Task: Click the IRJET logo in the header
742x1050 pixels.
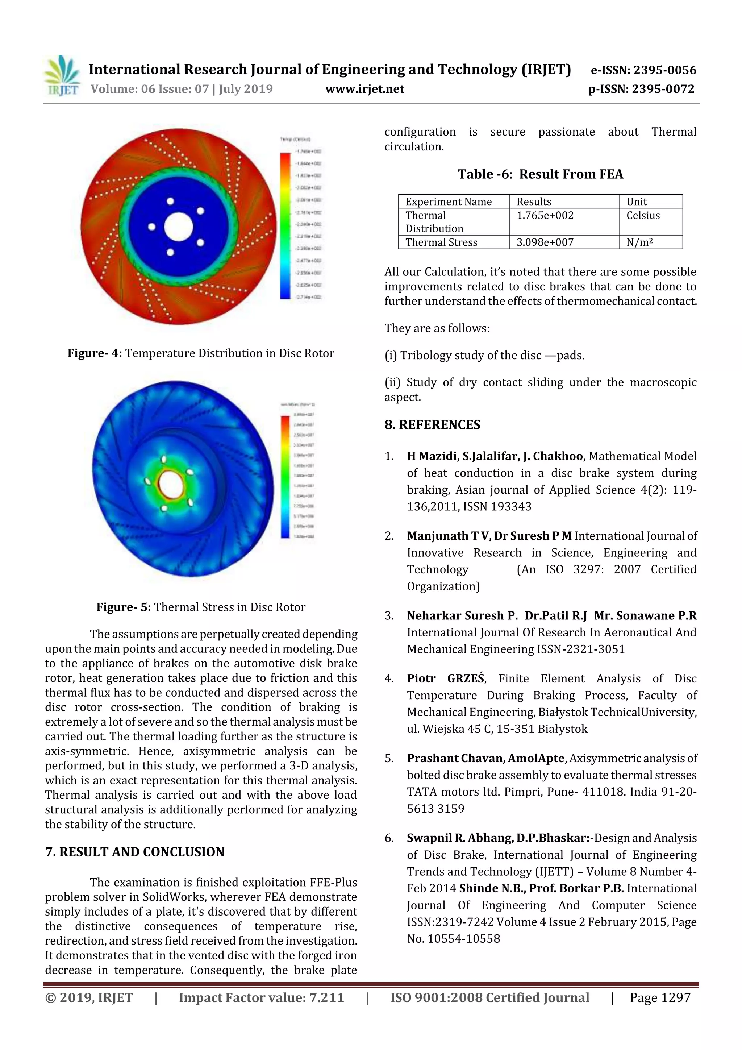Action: (62, 76)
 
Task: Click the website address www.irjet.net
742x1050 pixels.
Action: (364, 89)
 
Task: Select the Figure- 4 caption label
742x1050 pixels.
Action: (95, 353)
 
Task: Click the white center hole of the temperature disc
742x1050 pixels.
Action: (178, 227)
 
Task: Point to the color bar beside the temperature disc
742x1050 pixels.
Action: (285, 226)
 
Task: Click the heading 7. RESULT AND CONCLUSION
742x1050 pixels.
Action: (135, 852)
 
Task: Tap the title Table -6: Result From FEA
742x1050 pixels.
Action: (541, 174)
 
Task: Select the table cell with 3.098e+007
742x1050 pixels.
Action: (545, 242)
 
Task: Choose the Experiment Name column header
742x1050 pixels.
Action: (449, 202)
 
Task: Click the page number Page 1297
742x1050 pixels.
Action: (660, 998)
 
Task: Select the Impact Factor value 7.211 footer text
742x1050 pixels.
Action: (261, 998)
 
